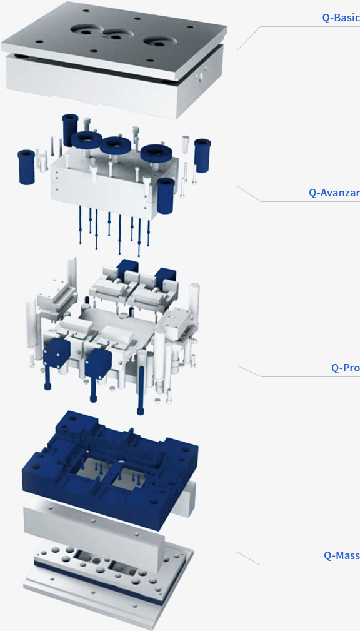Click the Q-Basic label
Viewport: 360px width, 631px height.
coord(341,18)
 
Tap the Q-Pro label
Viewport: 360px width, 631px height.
coord(346,368)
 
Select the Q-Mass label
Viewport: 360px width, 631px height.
coord(342,555)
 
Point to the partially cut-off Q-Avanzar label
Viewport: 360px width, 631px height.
coord(334,193)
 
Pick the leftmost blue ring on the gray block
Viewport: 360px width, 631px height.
coord(86,139)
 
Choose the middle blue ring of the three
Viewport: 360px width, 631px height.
coord(115,145)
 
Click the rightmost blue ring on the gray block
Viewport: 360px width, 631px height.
coord(156,153)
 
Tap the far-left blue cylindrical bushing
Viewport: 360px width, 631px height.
coord(26,167)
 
